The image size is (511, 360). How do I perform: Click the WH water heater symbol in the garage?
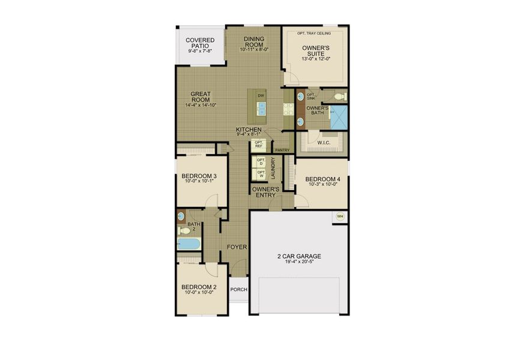point(339,217)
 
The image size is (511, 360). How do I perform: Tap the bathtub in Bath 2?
point(189,244)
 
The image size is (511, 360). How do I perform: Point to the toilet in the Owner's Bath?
point(339,97)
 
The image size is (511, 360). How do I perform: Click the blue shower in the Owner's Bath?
point(339,116)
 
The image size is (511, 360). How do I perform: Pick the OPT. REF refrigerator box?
point(259,145)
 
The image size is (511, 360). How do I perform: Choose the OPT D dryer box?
point(261,162)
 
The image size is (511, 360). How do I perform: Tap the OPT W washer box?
point(261,174)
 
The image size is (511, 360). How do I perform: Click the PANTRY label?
point(282,150)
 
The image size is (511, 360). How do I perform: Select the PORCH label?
point(239,289)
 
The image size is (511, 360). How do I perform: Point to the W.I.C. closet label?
point(323,143)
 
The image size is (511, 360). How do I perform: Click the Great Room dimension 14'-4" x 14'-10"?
point(201,105)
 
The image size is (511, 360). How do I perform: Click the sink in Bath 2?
point(181,215)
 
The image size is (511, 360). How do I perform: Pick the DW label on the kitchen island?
point(261,95)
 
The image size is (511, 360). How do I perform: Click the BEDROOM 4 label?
point(322,179)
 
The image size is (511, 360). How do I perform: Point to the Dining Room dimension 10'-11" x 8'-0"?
point(254,50)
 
